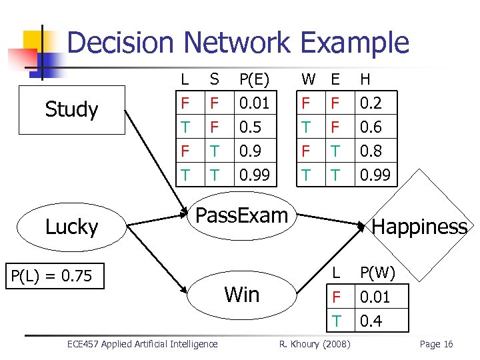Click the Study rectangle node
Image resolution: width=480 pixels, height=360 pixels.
click(71, 110)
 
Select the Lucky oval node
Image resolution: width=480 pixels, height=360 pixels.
click(71, 227)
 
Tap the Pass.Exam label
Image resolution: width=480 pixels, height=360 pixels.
click(241, 215)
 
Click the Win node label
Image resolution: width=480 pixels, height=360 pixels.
click(242, 294)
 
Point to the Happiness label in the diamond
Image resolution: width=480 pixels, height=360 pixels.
click(419, 227)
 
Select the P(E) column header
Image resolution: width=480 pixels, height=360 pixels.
click(253, 79)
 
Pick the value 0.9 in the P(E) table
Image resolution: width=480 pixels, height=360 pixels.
click(249, 151)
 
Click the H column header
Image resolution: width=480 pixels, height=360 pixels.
click(365, 79)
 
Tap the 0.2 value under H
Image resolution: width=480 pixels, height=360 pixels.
click(370, 104)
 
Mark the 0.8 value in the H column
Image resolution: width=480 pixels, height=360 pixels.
click(370, 151)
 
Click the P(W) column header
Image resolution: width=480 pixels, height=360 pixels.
click(377, 273)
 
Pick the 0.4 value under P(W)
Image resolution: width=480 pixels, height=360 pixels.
click(370, 321)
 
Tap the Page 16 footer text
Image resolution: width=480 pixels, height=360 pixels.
click(436, 344)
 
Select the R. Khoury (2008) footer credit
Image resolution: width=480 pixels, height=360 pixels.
click(313, 344)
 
